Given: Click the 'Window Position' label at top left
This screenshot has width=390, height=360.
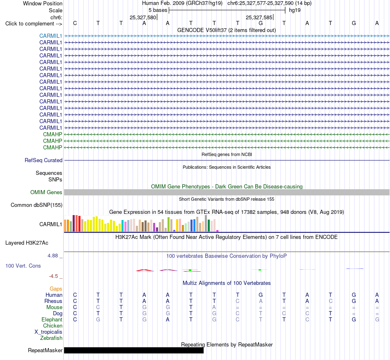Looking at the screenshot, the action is (43, 3).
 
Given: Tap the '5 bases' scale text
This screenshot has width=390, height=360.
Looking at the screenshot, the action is (158, 10).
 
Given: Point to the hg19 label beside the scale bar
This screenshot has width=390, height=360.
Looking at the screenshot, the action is (295, 10).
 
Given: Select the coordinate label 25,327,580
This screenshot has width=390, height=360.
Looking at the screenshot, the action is (143, 17).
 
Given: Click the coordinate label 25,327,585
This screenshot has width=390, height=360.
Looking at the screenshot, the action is (259, 17).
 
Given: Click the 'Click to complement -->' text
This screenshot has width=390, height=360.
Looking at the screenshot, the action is (34, 24).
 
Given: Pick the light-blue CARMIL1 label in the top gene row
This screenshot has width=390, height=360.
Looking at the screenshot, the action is (51, 36).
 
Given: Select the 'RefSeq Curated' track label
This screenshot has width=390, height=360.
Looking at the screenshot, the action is (44, 161).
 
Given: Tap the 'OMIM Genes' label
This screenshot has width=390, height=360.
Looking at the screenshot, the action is (46, 192).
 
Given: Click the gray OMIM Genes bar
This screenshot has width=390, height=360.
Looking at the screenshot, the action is (227, 192).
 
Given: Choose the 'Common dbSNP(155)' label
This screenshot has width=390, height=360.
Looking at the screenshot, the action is (37, 205).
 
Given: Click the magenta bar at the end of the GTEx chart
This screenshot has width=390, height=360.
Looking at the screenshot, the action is (218, 231).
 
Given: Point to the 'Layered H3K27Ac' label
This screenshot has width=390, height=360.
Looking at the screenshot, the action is (27, 243).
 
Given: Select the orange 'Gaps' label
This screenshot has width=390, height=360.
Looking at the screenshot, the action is (56, 289).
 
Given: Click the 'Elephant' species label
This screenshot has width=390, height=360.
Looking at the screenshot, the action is (52, 319).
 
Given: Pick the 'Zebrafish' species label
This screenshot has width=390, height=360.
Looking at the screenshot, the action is (51, 338).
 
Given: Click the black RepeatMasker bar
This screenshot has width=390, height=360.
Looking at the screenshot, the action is (134, 350).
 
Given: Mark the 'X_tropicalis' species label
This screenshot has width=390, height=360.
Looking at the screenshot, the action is (48, 332).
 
